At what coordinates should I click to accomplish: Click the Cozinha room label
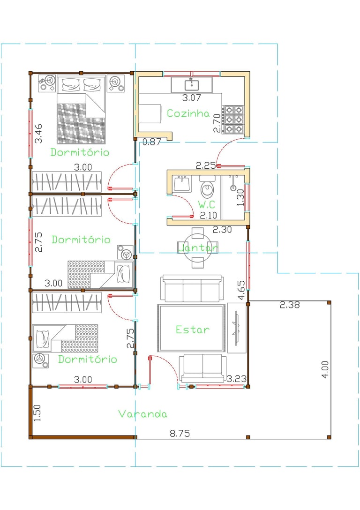click(x=188, y=113)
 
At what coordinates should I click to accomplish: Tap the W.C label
click(x=207, y=204)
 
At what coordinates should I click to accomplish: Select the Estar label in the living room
click(x=193, y=330)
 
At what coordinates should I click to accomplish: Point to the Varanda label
click(x=143, y=414)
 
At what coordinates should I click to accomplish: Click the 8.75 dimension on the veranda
click(x=180, y=433)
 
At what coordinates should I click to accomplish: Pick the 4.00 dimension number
click(x=325, y=369)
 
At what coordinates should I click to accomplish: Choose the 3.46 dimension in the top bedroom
click(x=38, y=133)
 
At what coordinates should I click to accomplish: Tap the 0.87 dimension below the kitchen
click(x=151, y=142)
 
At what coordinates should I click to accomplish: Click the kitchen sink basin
click(x=192, y=84)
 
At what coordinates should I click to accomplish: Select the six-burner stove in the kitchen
click(x=233, y=120)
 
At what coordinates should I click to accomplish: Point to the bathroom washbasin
click(x=182, y=184)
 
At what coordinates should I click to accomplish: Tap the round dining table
click(x=198, y=248)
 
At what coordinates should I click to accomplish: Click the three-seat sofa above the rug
click(x=192, y=288)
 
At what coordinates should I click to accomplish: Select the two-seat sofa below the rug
click(x=202, y=368)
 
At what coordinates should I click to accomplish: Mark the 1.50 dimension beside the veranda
click(x=37, y=413)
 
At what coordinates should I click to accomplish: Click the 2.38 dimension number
click(x=290, y=305)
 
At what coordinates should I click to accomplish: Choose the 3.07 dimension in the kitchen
click(x=191, y=97)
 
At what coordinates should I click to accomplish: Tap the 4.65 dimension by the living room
click(x=241, y=290)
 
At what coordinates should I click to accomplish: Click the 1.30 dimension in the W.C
click(x=240, y=197)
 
